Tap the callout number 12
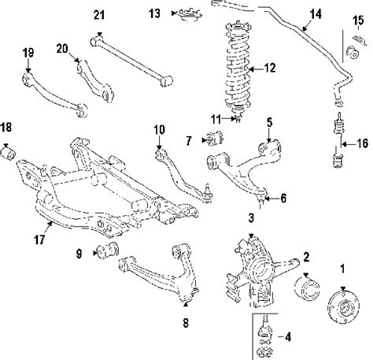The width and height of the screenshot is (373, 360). [x=269, y=69]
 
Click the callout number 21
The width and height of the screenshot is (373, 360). [x=98, y=14]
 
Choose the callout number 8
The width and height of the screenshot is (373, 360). [x=186, y=322]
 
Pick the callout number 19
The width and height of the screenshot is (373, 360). [x=28, y=53]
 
